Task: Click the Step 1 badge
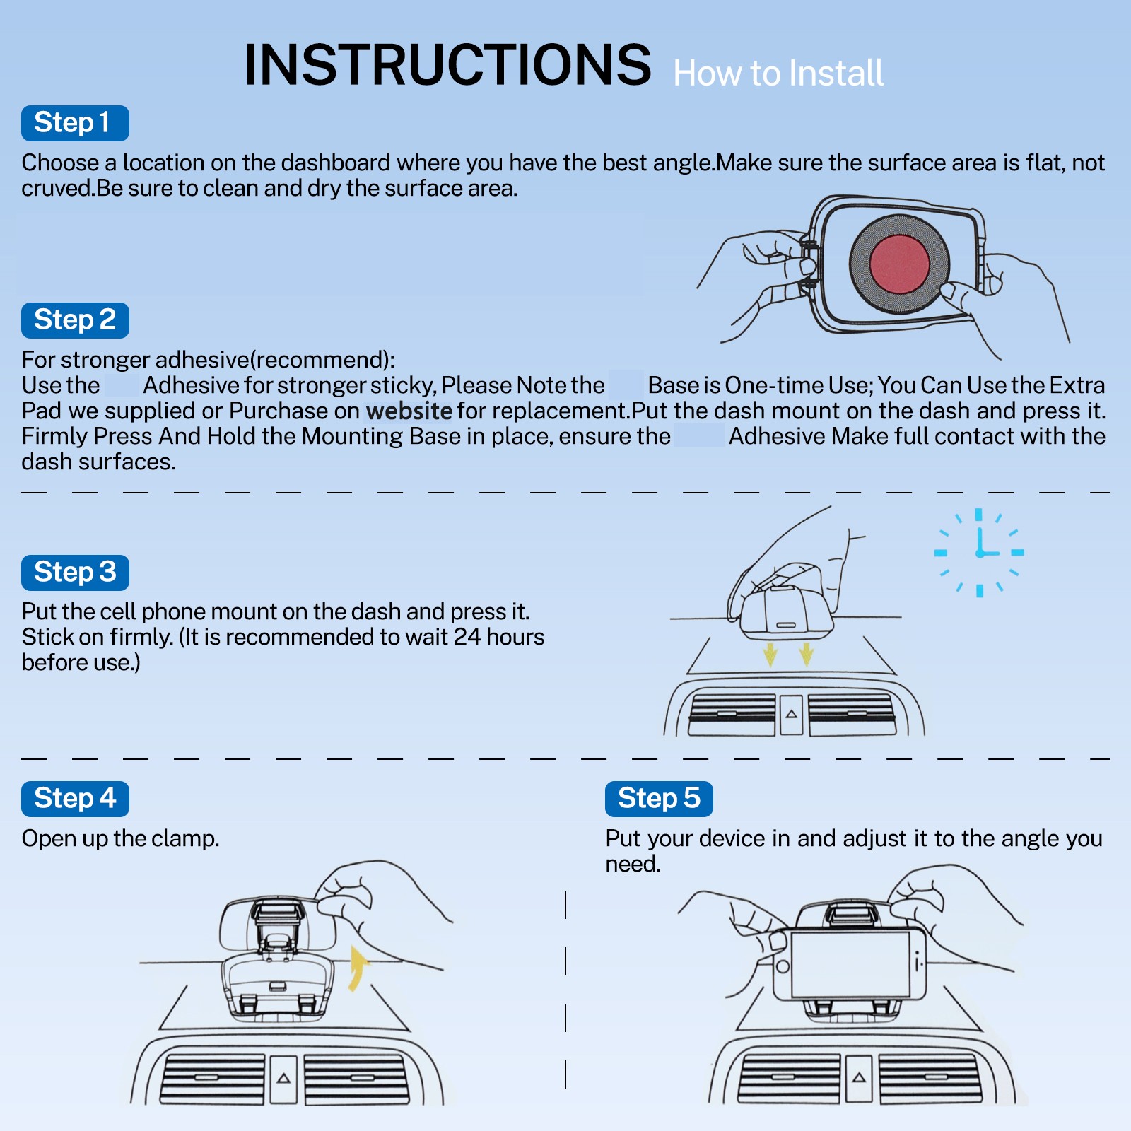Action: coord(75,123)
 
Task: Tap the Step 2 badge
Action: coord(75,320)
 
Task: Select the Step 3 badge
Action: coord(75,573)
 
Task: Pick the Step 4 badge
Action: coord(75,799)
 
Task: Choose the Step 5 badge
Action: coord(659,799)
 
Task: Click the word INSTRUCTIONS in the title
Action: coord(447,65)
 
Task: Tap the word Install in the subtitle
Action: coord(836,74)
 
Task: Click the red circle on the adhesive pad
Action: coord(899,264)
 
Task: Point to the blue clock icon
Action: coord(979,552)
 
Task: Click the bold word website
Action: coord(409,411)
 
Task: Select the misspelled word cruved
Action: coord(56,189)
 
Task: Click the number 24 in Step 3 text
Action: coord(467,637)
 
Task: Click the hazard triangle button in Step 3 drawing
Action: coord(792,715)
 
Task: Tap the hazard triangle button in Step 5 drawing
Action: coord(859,1078)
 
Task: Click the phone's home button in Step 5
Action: coord(783,966)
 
